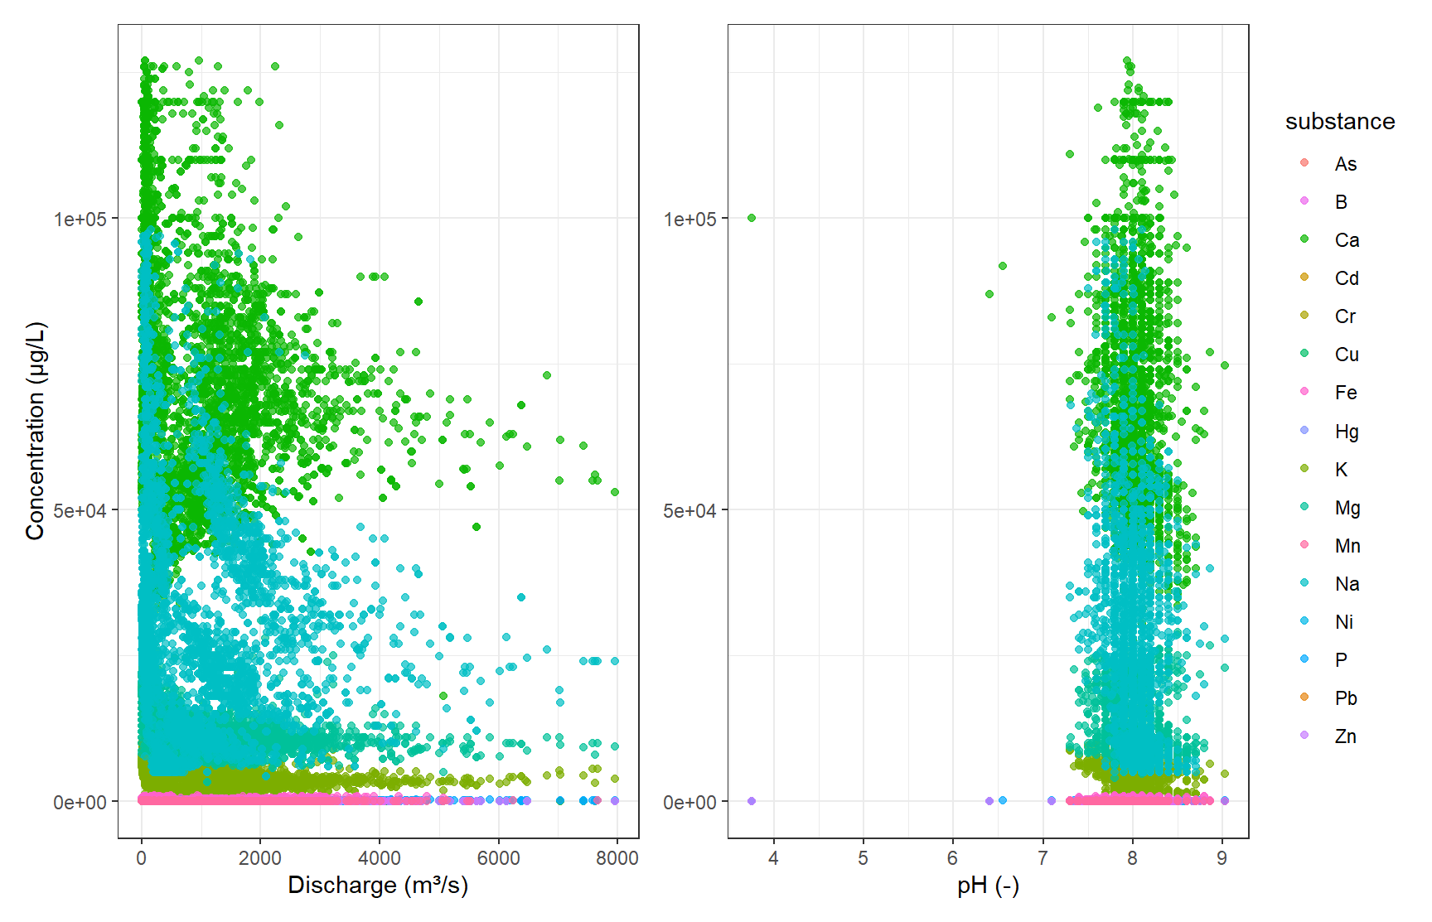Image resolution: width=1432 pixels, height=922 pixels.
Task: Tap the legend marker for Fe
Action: point(1304,391)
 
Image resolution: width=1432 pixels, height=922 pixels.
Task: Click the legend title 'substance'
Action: point(1339,122)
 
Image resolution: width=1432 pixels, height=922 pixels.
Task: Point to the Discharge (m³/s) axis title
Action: point(378,886)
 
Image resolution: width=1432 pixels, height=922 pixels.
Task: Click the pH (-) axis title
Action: point(988,886)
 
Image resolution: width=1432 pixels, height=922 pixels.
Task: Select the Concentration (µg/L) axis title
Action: point(35,431)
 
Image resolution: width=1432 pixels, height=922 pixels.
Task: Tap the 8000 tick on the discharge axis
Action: point(617,858)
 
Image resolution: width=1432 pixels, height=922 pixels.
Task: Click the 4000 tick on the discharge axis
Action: point(380,858)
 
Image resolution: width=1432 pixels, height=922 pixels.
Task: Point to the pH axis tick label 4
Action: point(773,858)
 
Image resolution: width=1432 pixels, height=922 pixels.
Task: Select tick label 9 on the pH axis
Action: point(1222,858)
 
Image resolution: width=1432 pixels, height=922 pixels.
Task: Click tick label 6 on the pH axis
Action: point(953,858)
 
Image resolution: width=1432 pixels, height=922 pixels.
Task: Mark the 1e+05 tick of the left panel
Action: point(80,219)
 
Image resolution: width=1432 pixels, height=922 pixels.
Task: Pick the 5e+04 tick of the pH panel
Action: point(689,510)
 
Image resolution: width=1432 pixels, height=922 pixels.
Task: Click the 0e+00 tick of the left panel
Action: point(80,802)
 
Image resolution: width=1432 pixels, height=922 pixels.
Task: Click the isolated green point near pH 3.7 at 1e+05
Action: point(752,218)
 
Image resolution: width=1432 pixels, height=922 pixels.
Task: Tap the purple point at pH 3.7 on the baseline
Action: point(752,801)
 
